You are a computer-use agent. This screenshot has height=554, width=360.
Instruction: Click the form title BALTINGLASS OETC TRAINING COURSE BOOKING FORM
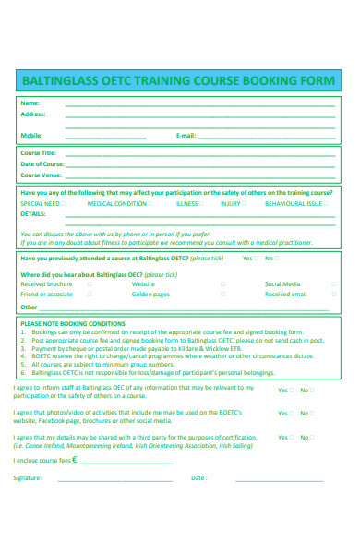pyautogui.click(x=180, y=81)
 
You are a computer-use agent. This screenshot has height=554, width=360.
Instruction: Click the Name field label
pyautogui.click(x=30, y=102)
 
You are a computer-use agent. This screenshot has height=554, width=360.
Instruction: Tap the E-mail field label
pyautogui.click(x=186, y=136)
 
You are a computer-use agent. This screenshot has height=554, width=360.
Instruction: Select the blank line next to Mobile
pyautogui.click(x=105, y=137)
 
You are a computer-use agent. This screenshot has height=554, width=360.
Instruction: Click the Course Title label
pyautogui.click(x=39, y=152)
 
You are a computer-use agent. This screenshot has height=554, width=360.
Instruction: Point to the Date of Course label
pyautogui.click(x=42, y=163)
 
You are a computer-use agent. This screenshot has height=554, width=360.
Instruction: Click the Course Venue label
pyautogui.click(x=42, y=175)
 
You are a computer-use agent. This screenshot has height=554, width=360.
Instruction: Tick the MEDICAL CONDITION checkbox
pyautogui.click(x=152, y=203)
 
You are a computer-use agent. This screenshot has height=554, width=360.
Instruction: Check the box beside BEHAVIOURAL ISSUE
pyautogui.click(x=327, y=203)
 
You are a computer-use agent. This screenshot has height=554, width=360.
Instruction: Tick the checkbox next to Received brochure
pyautogui.click(x=90, y=284)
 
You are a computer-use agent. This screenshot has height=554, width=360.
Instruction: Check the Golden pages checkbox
pyautogui.click(x=222, y=295)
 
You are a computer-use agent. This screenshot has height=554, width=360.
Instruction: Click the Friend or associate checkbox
pyautogui.click(x=90, y=295)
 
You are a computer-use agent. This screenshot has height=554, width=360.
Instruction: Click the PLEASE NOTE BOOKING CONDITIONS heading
pyautogui.click(x=72, y=324)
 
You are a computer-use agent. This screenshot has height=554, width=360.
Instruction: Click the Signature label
pyautogui.click(x=27, y=478)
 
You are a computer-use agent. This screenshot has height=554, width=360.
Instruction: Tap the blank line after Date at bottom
pyautogui.click(x=277, y=479)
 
